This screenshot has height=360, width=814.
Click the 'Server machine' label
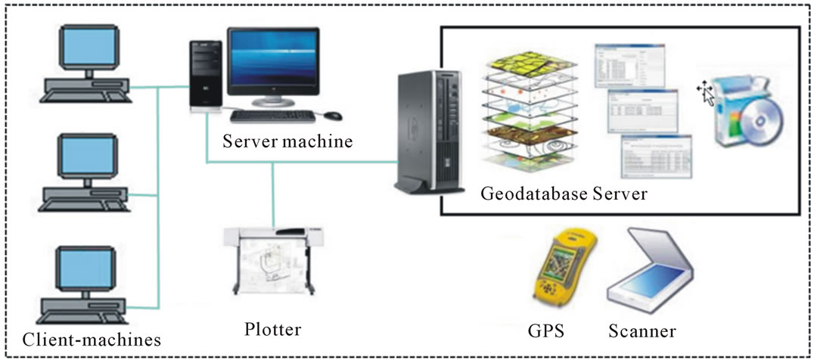tap(287, 141)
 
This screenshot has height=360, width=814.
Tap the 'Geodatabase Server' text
tap(564, 194)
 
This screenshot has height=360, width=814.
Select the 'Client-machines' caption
tap(92, 339)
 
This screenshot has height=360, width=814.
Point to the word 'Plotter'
tap(273, 330)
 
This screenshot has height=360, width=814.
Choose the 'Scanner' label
tap(642, 331)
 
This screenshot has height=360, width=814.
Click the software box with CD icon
tap(749, 113)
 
